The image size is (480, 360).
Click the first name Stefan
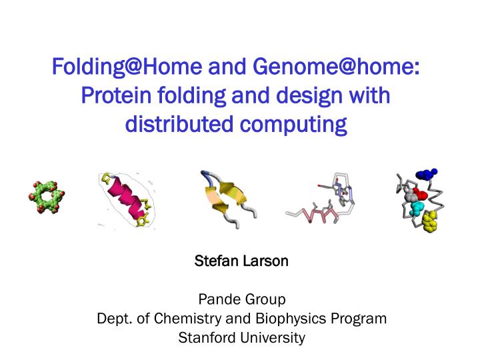point(211,261)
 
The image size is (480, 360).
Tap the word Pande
point(217,299)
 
